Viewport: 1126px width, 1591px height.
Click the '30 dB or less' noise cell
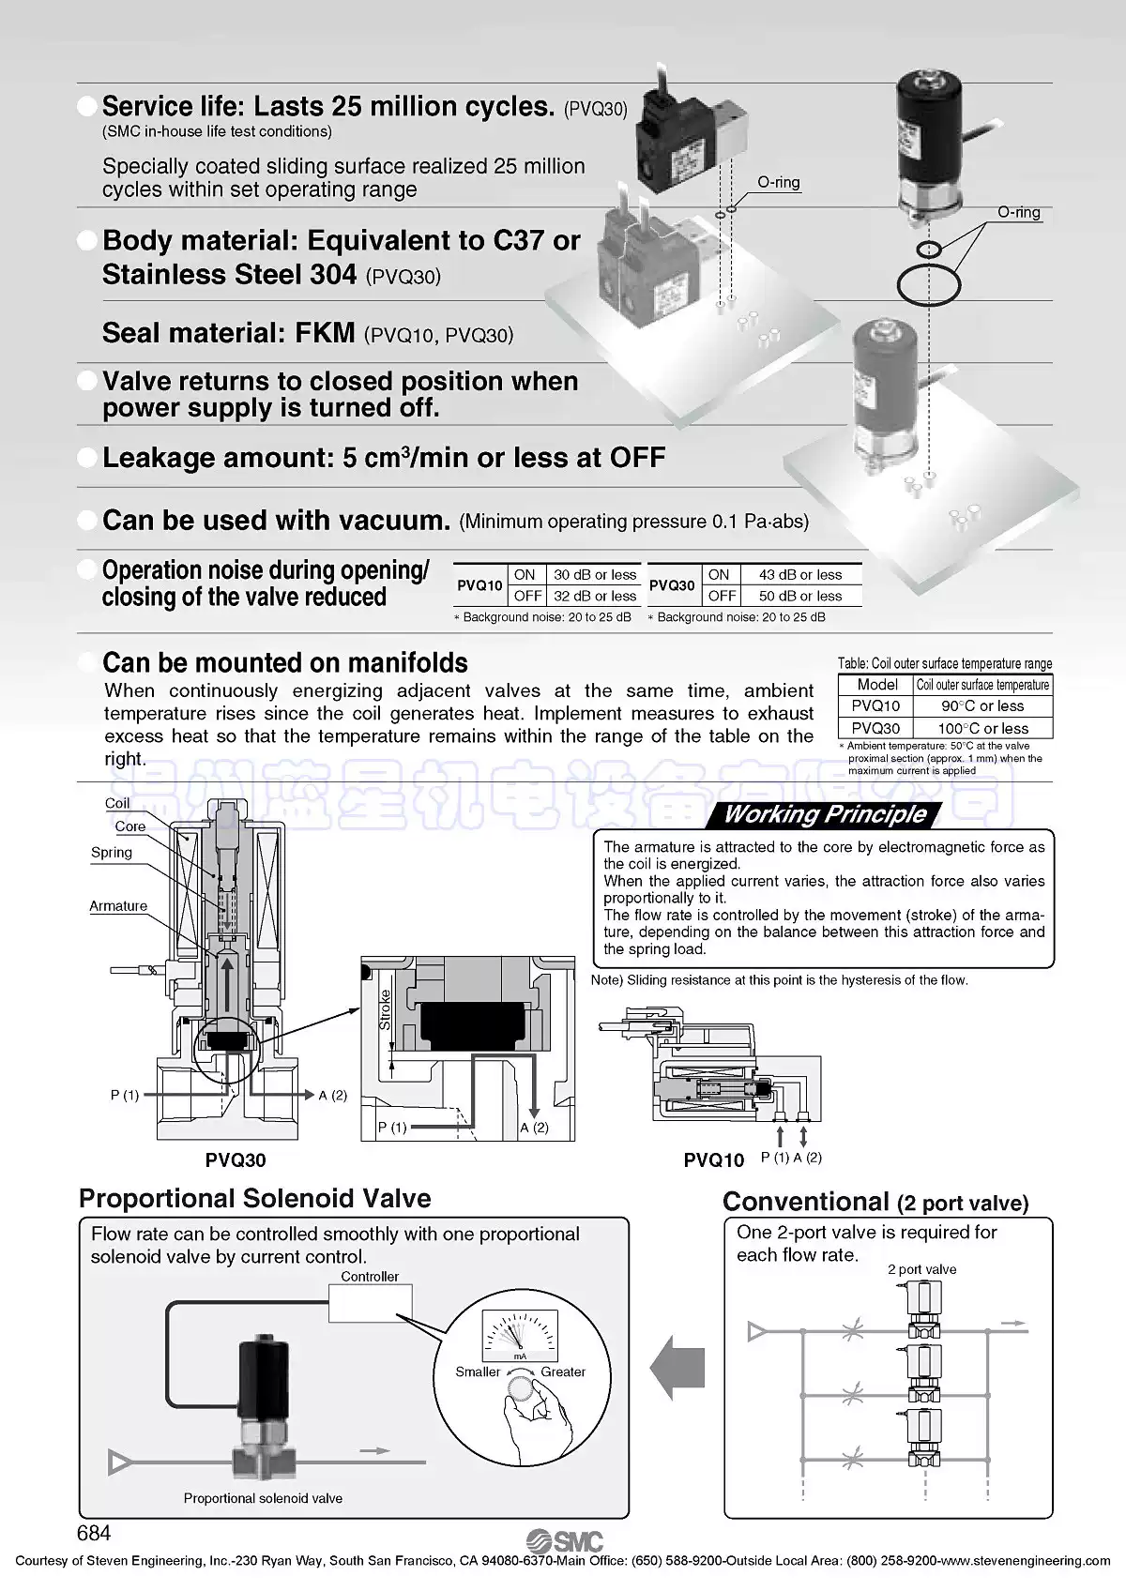point(595,575)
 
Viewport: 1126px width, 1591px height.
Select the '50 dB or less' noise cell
point(800,596)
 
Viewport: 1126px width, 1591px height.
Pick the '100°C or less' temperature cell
point(982,728)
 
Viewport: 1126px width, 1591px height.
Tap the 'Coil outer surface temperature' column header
point(982,685)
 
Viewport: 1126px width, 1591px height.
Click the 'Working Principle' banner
point(825,814)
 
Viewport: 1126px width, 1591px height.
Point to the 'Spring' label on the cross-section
point(111,853)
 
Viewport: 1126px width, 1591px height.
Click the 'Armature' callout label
point(118,906)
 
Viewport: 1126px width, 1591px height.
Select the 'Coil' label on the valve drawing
point(117,803)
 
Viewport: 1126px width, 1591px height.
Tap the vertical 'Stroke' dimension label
point(385,1009)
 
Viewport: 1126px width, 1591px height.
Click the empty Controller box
point(371,1304)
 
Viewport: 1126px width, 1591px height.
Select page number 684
point(94,1533)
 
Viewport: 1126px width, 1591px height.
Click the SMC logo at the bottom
point(565,1541)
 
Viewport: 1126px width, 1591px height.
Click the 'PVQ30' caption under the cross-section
point(236,1159)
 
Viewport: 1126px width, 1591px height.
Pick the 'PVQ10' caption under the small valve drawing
point(714,1160)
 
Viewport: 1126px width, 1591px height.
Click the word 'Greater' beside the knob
point(563,1371)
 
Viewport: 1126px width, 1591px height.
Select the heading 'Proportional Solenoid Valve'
point(255,1198)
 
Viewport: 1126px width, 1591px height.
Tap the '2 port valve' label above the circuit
point(921,1269)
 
